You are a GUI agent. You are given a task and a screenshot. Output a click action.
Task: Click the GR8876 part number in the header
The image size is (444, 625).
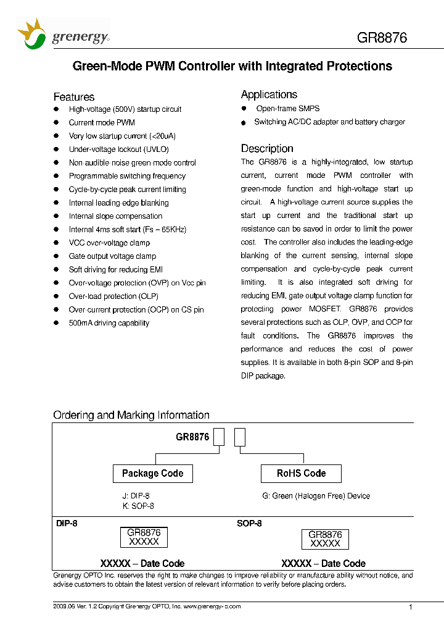382,38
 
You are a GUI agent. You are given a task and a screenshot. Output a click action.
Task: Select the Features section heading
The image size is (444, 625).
74,97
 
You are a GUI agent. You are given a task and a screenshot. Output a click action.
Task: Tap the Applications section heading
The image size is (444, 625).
269,94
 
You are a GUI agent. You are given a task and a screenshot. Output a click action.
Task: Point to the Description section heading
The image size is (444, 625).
267,148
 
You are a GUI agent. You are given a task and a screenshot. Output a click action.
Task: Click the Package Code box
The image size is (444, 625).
152,474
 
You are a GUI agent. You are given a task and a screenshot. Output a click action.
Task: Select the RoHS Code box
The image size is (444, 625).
301,474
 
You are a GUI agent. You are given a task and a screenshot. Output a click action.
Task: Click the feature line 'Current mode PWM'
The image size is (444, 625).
102,123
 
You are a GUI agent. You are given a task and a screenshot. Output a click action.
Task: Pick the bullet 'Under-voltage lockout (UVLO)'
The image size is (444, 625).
118,149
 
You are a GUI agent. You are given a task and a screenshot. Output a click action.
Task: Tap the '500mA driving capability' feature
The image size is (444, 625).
109,323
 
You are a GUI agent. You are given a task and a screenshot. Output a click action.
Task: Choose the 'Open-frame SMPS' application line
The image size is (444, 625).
288,109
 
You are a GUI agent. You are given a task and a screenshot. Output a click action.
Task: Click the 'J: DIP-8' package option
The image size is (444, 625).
136,496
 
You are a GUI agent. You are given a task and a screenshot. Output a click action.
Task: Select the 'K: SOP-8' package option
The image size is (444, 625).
138,506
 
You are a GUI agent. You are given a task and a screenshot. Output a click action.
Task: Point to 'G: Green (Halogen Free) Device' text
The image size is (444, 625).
316,496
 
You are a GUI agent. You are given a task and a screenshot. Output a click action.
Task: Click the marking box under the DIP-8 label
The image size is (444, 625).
144,537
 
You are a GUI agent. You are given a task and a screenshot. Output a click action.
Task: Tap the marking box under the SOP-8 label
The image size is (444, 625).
325,539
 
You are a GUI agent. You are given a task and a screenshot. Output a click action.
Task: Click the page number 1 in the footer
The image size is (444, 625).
411,607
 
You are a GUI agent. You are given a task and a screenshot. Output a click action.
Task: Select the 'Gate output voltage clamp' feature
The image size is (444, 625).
112,256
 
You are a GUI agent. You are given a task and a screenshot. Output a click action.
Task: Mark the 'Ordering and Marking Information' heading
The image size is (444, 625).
131,415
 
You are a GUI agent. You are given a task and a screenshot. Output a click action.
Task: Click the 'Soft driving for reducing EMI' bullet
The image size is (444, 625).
116,270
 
